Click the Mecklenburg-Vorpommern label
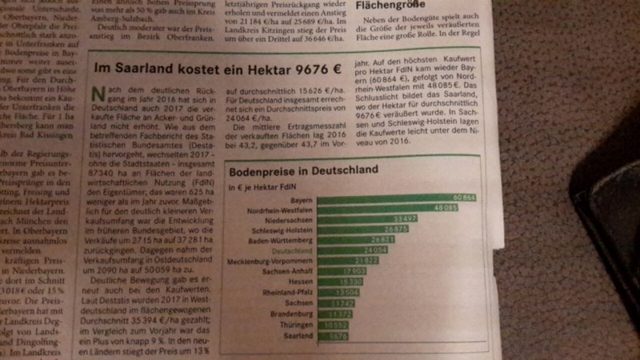pyautogui.click(x=268, y=261)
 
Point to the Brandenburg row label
pyautogui.click(x=290, y=315)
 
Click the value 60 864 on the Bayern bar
pyautogui.click(x=462, y=196)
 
